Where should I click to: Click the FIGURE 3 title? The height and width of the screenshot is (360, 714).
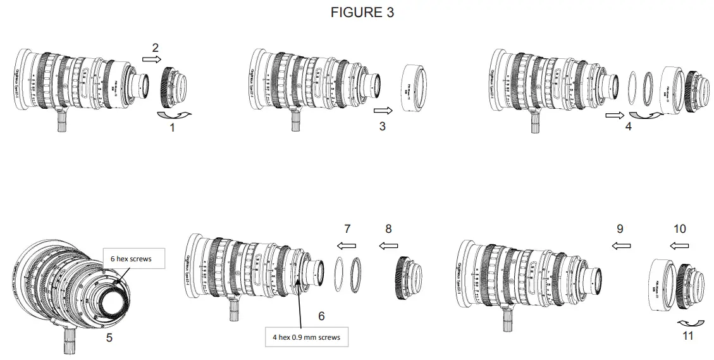tap(362, 13)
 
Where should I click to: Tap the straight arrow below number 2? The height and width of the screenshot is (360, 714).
tap(152, 59)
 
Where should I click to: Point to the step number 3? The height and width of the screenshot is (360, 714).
tap(382, 127)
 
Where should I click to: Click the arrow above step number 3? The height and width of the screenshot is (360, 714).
tap(383, 109)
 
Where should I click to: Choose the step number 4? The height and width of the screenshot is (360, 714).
tap(627, 126)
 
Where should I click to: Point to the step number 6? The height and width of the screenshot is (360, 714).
tap(321, 315)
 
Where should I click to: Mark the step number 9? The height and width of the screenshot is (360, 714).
tap(620, 228)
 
